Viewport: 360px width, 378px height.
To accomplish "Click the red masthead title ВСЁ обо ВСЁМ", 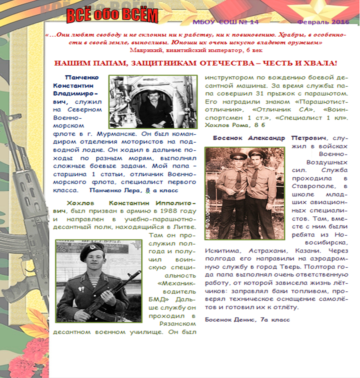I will [112, 16].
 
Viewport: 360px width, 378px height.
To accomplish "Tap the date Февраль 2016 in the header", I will [320, 21].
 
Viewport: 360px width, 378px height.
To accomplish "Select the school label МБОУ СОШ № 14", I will [226, 22].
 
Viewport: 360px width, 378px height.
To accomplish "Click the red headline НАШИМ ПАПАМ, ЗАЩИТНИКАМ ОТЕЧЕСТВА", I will [196, 63].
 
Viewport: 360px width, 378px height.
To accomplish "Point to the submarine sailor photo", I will [153, 101].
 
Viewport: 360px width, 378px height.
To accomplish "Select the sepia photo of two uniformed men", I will [239, 193].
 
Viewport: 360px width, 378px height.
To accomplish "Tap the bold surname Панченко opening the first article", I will [82, 77].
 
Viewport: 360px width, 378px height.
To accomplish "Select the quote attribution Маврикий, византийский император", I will [196, 50].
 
